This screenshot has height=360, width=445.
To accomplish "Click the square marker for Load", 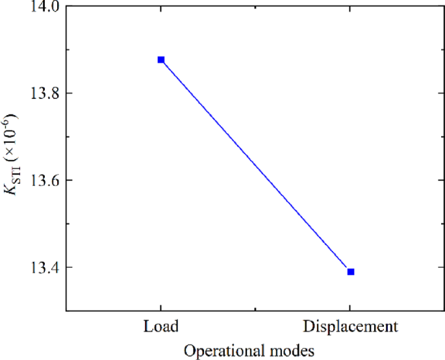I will click(161, 60).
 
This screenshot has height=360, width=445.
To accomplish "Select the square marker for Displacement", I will click(351, 272).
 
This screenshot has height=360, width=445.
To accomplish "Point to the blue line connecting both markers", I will click(256, 166).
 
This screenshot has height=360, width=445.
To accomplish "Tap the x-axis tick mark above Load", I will click(161, 307).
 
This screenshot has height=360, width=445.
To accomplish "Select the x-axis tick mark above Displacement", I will click(351, 307).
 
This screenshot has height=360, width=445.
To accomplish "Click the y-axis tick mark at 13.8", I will click(69, 93).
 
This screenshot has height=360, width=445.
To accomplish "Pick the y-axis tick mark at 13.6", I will click(69, 180).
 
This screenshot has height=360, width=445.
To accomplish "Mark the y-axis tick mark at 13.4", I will click(69, 266).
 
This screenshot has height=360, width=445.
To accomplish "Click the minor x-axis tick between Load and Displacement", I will click(256, 308).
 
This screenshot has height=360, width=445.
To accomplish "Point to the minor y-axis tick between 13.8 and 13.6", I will click(68, 136).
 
